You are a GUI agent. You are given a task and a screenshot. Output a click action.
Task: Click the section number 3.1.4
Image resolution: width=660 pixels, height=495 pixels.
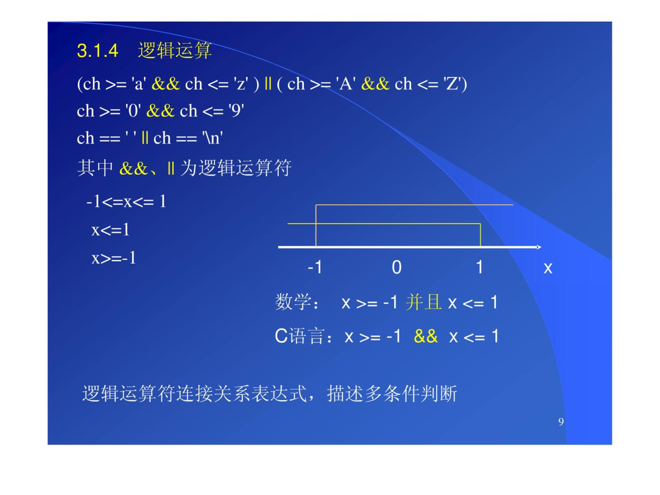click(98, 51)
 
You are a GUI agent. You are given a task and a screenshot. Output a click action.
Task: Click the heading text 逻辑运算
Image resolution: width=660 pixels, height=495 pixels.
click(175, 51)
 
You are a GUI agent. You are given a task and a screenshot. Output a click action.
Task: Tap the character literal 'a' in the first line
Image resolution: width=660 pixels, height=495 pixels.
click(139, 84)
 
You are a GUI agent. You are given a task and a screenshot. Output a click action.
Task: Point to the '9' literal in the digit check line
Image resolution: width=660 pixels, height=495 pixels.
click(236, 111)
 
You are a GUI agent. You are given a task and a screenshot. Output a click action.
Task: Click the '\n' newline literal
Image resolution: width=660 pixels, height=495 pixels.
click(212, 138)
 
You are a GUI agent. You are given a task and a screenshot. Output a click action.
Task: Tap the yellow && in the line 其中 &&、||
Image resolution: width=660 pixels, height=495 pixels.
click(133, 168)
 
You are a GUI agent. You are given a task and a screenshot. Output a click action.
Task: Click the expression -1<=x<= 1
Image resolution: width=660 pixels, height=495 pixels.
click(126, 201)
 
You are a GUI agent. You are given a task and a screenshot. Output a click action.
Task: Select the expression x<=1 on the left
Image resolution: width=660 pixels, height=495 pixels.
click(110, 230)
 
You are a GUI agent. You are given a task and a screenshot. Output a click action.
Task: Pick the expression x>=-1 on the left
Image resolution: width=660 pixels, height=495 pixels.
click(114, 258)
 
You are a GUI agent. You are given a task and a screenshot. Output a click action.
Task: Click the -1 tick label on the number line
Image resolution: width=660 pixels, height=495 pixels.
click(315, 267)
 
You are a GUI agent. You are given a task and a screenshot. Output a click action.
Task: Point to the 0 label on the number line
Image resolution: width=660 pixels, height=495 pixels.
click(397, 267)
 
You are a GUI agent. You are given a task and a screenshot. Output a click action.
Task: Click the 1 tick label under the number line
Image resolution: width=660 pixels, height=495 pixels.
click(479, 267)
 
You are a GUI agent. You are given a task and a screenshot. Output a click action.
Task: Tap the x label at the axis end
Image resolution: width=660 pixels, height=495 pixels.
click(548, 268)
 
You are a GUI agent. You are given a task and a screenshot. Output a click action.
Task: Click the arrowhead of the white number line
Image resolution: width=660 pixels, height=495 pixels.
click(539, 247)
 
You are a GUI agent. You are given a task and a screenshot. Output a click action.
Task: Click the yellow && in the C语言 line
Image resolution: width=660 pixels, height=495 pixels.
click(426, 336)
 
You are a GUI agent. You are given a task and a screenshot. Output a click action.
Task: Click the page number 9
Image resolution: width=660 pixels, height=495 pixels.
click(561, 422)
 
